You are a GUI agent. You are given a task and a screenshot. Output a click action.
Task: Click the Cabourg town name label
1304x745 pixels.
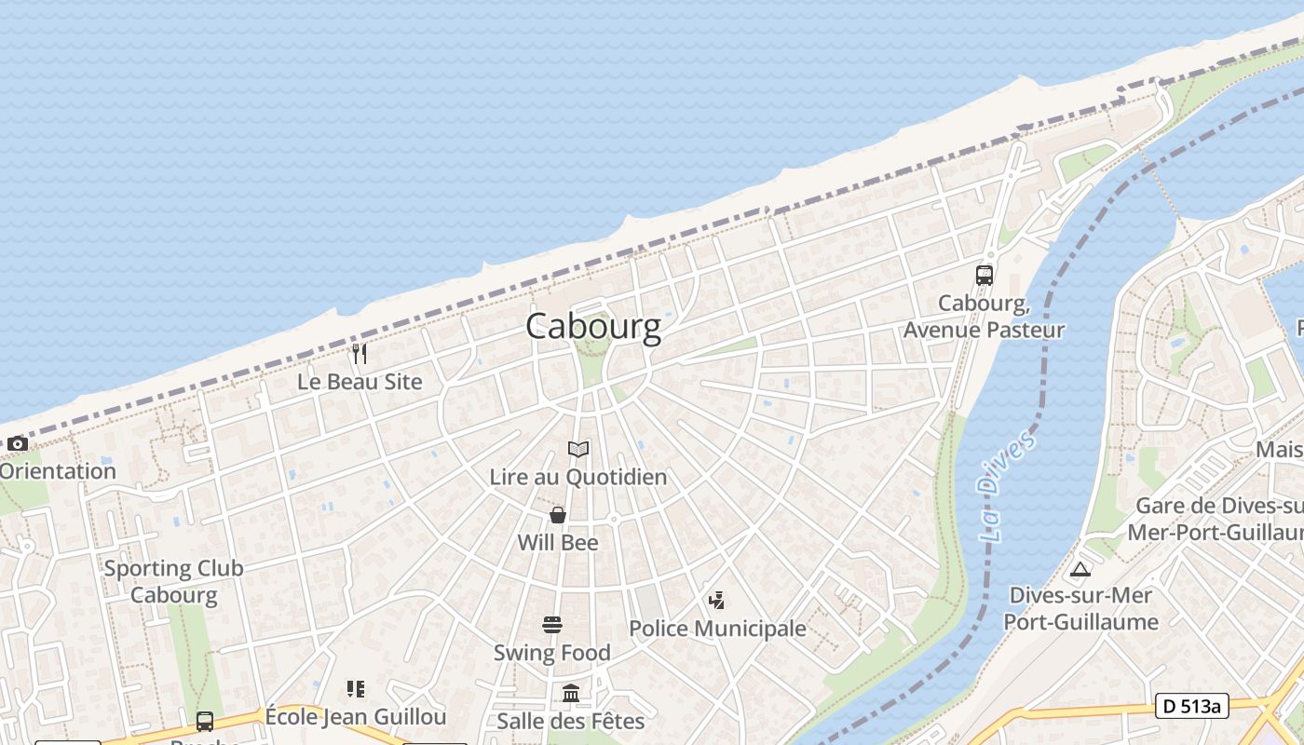coord(593,326)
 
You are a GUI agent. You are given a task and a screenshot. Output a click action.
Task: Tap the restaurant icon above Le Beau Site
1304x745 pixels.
coord(360,354)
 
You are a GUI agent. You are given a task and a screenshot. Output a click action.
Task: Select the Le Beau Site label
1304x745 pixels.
coord(360,382)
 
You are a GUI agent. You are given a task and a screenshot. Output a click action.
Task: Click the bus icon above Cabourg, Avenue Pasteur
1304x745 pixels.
coord(985,275)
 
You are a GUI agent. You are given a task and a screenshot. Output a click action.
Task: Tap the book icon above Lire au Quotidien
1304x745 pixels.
coord(578,450)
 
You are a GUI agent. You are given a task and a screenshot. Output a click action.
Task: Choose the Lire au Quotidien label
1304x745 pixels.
coord(578,477)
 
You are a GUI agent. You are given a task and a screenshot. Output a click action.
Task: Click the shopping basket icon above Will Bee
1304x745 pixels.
coord(558,515)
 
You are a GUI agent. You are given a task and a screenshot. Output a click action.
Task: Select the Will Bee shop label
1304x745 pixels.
coord(558,542)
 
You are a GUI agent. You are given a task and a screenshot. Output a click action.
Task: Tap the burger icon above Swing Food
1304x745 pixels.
coord(552,625)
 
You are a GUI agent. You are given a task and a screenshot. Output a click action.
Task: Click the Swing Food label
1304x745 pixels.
coord(552,653)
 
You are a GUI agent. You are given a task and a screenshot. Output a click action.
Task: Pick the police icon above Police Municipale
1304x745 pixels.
coord(717,601)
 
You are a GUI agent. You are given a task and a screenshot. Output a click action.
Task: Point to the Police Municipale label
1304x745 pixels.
coord(717,629)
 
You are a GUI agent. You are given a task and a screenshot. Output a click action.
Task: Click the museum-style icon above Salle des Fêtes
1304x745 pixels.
coord(571,694)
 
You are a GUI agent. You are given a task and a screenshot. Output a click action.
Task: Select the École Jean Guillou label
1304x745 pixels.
coord(356,717)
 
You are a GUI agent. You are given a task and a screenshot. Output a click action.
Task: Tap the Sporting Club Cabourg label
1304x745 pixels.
coord(173,581)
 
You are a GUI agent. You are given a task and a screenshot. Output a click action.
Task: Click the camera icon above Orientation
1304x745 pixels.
coord(17,444)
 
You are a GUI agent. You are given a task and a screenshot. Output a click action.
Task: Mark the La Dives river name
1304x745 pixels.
coord(1006,486)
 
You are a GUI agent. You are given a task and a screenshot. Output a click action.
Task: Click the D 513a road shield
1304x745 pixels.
coord(1191,706)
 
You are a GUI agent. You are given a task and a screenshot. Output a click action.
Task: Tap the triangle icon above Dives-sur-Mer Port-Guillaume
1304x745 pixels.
coord(1080,569)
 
